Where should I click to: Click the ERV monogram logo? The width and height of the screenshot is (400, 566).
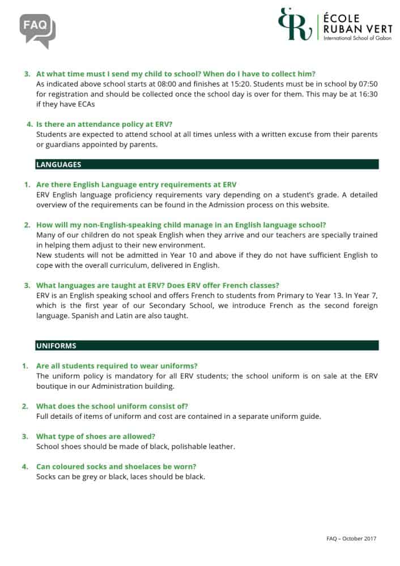coord(295,24)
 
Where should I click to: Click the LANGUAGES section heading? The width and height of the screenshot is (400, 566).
coord(58,165)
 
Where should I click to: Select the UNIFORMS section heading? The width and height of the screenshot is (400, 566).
coord(56,345)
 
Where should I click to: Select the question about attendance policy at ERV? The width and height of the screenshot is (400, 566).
coord(104,124)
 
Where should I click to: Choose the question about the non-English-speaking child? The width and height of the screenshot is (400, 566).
coord(181,225)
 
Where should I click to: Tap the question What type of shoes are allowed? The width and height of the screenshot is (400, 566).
coord(96,436)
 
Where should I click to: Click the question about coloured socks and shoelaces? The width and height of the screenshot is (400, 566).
coord(116,466)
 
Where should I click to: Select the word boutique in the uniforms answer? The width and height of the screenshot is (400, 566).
coord(54,386)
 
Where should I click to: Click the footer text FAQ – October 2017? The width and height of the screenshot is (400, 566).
coord(351,538)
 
